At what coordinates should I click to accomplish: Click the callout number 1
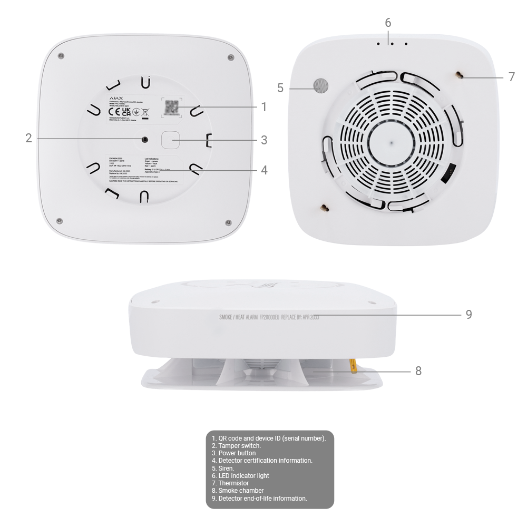(263, 107)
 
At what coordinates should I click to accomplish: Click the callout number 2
(29, 139)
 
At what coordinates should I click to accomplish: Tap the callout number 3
(263, 140)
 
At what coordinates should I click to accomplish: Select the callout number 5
(280, 88)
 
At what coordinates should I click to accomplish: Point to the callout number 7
(512, 77)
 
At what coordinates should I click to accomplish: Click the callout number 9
(469, 315)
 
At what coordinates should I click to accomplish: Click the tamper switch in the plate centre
(144, 139)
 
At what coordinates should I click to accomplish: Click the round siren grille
(320, 85)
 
